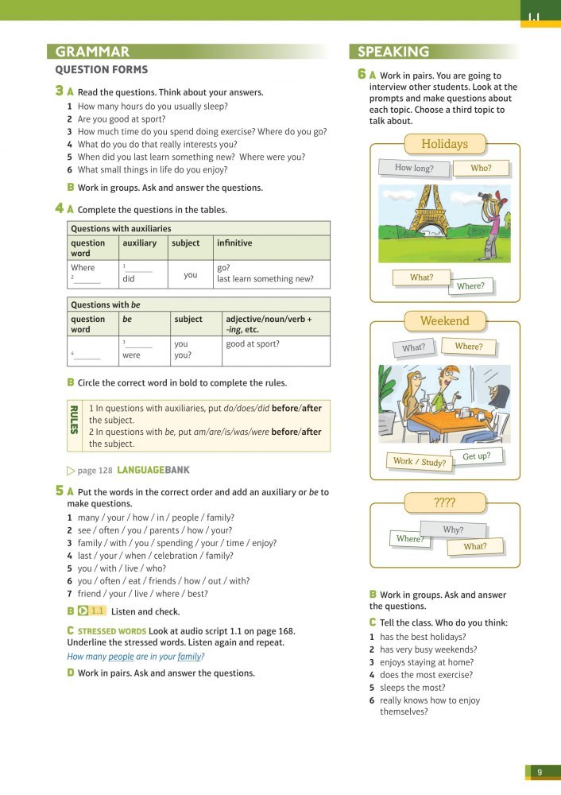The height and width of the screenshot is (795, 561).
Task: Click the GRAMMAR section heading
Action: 92,52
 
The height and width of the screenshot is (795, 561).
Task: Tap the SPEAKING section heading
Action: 393,52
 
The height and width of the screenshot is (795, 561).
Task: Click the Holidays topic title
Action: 444,144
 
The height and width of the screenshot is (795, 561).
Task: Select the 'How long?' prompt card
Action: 414,168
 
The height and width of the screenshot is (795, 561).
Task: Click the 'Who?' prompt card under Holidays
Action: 481,169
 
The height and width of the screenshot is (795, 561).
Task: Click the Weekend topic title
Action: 444,321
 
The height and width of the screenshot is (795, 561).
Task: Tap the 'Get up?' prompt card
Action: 476,456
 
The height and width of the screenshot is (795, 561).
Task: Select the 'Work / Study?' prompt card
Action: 420,462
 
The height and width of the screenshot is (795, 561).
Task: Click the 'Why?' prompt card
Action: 453,529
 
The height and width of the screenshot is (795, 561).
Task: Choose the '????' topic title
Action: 444,502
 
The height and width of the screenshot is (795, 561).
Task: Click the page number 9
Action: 540,772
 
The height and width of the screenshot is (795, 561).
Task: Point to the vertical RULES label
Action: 74,420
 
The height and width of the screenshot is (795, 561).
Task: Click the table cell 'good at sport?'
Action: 252,344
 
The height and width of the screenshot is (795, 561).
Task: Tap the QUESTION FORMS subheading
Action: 101,71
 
